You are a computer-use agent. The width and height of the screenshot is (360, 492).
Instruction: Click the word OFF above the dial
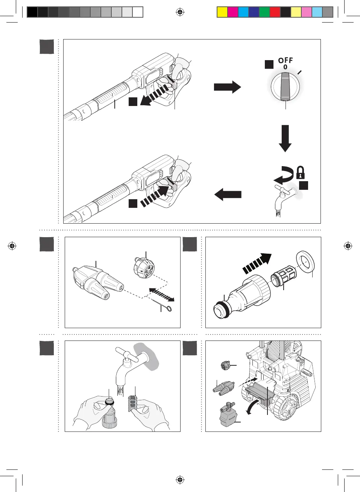click(x=285, y=61)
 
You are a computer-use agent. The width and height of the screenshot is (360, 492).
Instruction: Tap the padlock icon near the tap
click(x=300, y=173)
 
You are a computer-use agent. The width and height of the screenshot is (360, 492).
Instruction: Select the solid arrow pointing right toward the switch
click(x=227, y=87)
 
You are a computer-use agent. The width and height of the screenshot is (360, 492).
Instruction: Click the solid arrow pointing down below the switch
click(x=285, y=138)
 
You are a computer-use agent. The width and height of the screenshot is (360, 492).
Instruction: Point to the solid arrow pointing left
click(x=228, y=195)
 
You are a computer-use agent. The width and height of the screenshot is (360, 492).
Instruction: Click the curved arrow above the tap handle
click(x=283, y=174)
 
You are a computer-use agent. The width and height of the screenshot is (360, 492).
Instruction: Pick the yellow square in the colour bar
click(x=222, y=12)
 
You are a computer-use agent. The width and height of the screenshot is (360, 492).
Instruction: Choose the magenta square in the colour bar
click(x=233, y=12)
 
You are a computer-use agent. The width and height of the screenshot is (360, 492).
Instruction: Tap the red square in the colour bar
click(x=275, y=12)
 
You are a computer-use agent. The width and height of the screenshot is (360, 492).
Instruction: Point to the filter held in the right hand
click(x=132, y=403)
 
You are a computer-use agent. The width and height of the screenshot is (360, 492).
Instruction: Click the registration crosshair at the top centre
click(x=180, y=12)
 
